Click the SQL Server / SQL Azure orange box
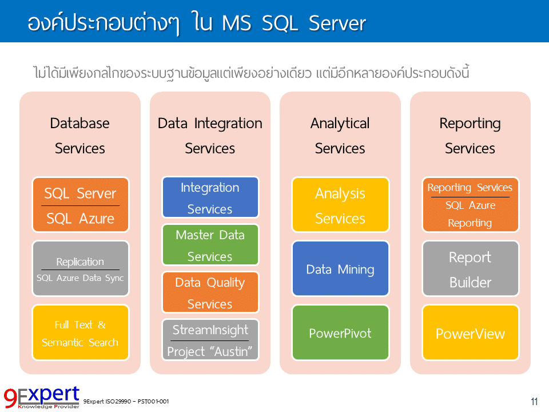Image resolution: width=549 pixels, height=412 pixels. coord(81,205)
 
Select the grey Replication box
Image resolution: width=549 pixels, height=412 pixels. coord(81,268)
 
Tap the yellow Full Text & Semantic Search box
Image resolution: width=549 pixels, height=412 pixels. coord(81,332)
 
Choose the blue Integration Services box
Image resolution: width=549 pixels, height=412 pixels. coord(210,197)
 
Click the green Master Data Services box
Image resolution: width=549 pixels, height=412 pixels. coord(210,245)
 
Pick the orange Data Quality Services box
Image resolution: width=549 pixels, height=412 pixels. coord(210,292)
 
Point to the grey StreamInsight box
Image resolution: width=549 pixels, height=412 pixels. coord(210,339)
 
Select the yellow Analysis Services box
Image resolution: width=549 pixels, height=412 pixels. coord(340,205)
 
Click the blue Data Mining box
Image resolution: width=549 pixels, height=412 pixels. coord(340,269)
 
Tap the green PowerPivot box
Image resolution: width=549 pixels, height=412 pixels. coord(340,332)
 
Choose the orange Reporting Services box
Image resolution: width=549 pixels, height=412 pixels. coord(470,205)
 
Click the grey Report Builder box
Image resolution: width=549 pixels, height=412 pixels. coord(470,269)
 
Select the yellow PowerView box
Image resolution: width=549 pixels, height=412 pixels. coord(470,333)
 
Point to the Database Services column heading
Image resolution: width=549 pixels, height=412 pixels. coord(80,136)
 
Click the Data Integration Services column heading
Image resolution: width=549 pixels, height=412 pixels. coord(210,136)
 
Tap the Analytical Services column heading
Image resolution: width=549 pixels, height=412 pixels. coord(340,136)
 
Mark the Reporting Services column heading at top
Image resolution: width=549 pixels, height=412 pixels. coord(470,136)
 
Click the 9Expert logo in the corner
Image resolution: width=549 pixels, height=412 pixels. coord(41,397)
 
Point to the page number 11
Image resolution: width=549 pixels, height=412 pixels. coord(534,401)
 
